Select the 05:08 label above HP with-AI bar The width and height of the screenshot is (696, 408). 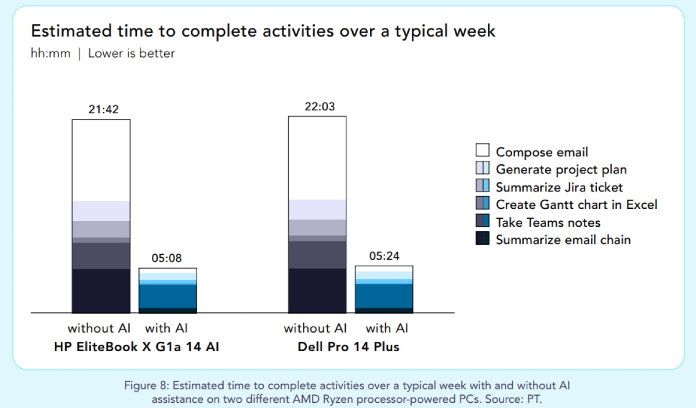(x=167, y=258)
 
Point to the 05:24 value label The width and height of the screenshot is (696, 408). (x=383, y=257)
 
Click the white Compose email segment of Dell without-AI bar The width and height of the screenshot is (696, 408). (x=317, y=157)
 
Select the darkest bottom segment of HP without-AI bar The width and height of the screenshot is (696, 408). (x=101, y=290)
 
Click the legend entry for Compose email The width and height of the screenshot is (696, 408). (x=541, y=152)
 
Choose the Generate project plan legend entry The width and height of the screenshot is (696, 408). (x=561, y=169)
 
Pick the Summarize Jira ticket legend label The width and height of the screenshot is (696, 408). (x=559, y=187)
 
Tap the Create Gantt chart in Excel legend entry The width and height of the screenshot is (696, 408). (x=576, y=204)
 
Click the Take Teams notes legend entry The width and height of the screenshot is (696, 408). (x=548, y=222)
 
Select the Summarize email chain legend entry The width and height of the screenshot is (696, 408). (x=563, y=240)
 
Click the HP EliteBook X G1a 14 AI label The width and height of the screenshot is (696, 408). (x=136, y=347)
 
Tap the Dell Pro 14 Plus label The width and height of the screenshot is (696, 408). (x=349, y=347)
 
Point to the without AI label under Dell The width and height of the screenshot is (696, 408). (x=315, y=328)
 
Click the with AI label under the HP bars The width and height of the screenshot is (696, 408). (x=166, y=328)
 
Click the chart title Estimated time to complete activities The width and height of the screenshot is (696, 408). (x=263, y=31)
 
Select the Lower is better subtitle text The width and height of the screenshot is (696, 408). (x=131, y=53)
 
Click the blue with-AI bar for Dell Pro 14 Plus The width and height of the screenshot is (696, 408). (x=383, y=295)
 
